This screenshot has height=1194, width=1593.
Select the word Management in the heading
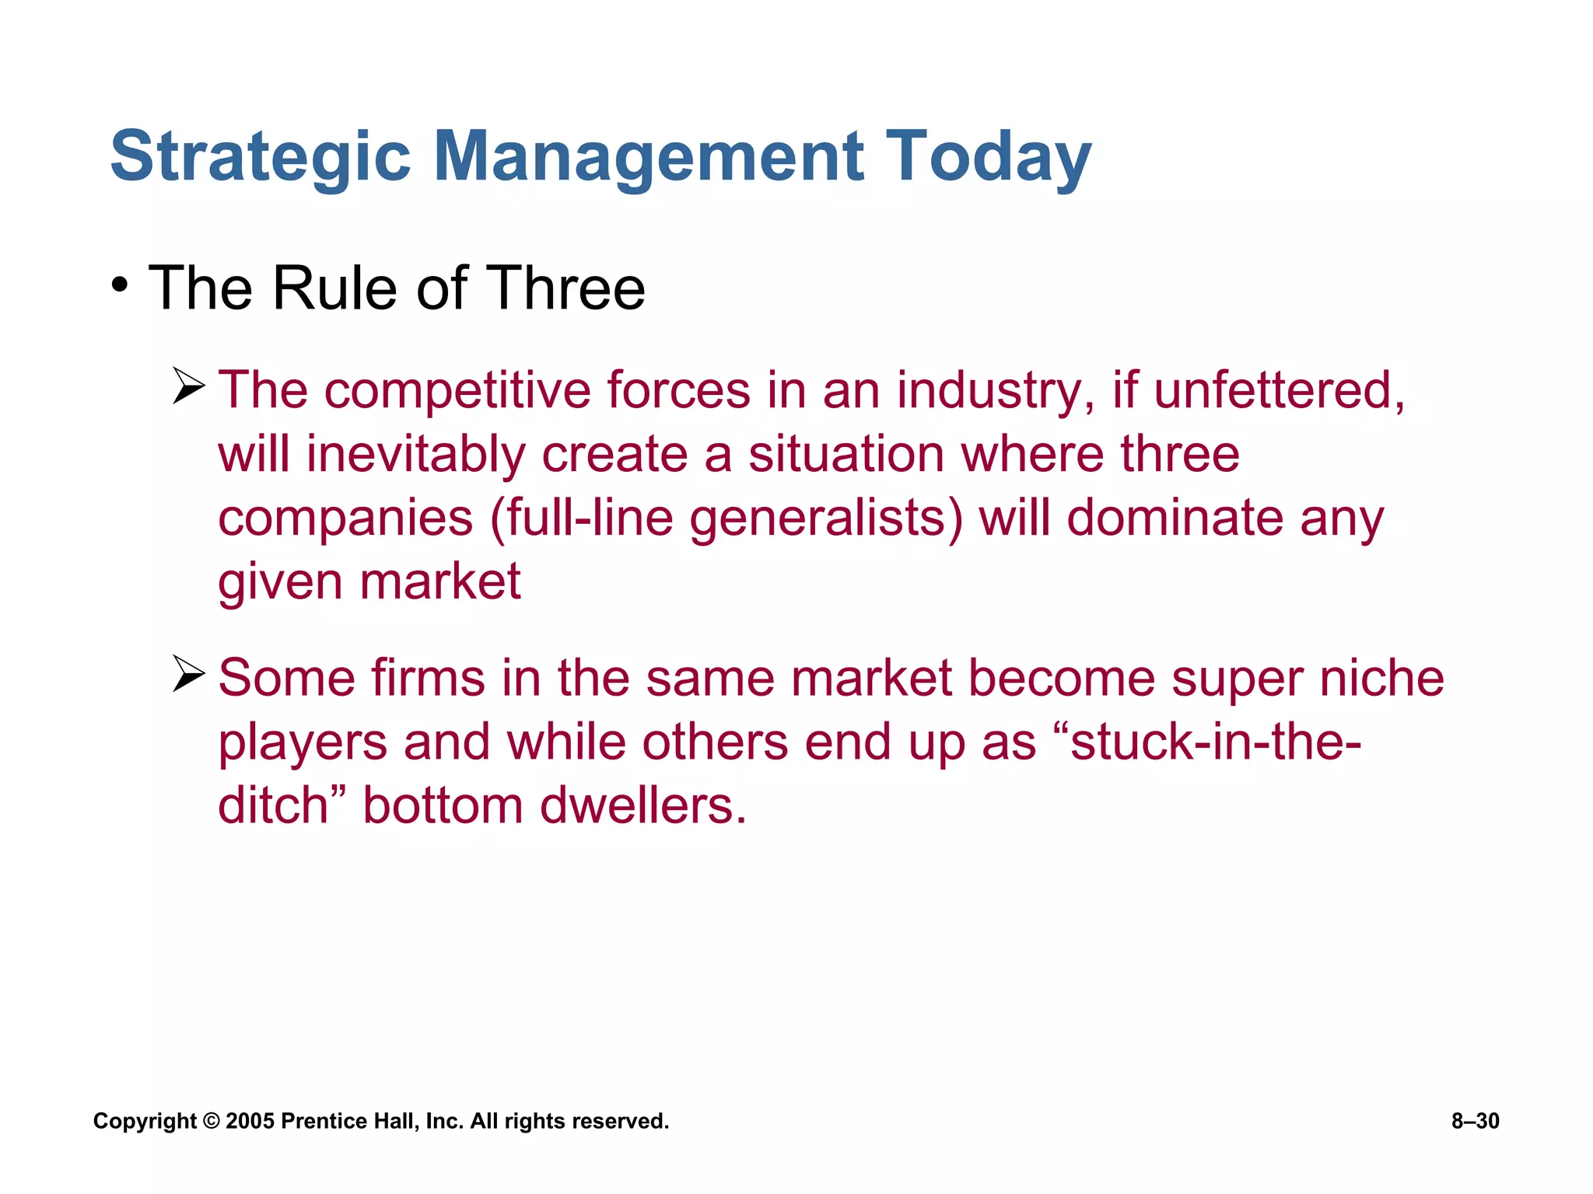(648, 157)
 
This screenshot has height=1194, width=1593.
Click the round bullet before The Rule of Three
(119, 285)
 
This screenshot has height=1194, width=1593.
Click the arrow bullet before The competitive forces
(188, 386)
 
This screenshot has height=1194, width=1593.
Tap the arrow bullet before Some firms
(188, 673)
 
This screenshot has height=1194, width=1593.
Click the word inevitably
(415, 455)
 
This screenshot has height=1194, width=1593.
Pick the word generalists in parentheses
(825, 518)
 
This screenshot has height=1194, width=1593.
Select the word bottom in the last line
(442, 805)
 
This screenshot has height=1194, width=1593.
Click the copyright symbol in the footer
(211, 1121)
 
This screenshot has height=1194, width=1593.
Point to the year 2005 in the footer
(250, 1121)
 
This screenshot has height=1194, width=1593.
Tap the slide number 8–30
(1475, 1121)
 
